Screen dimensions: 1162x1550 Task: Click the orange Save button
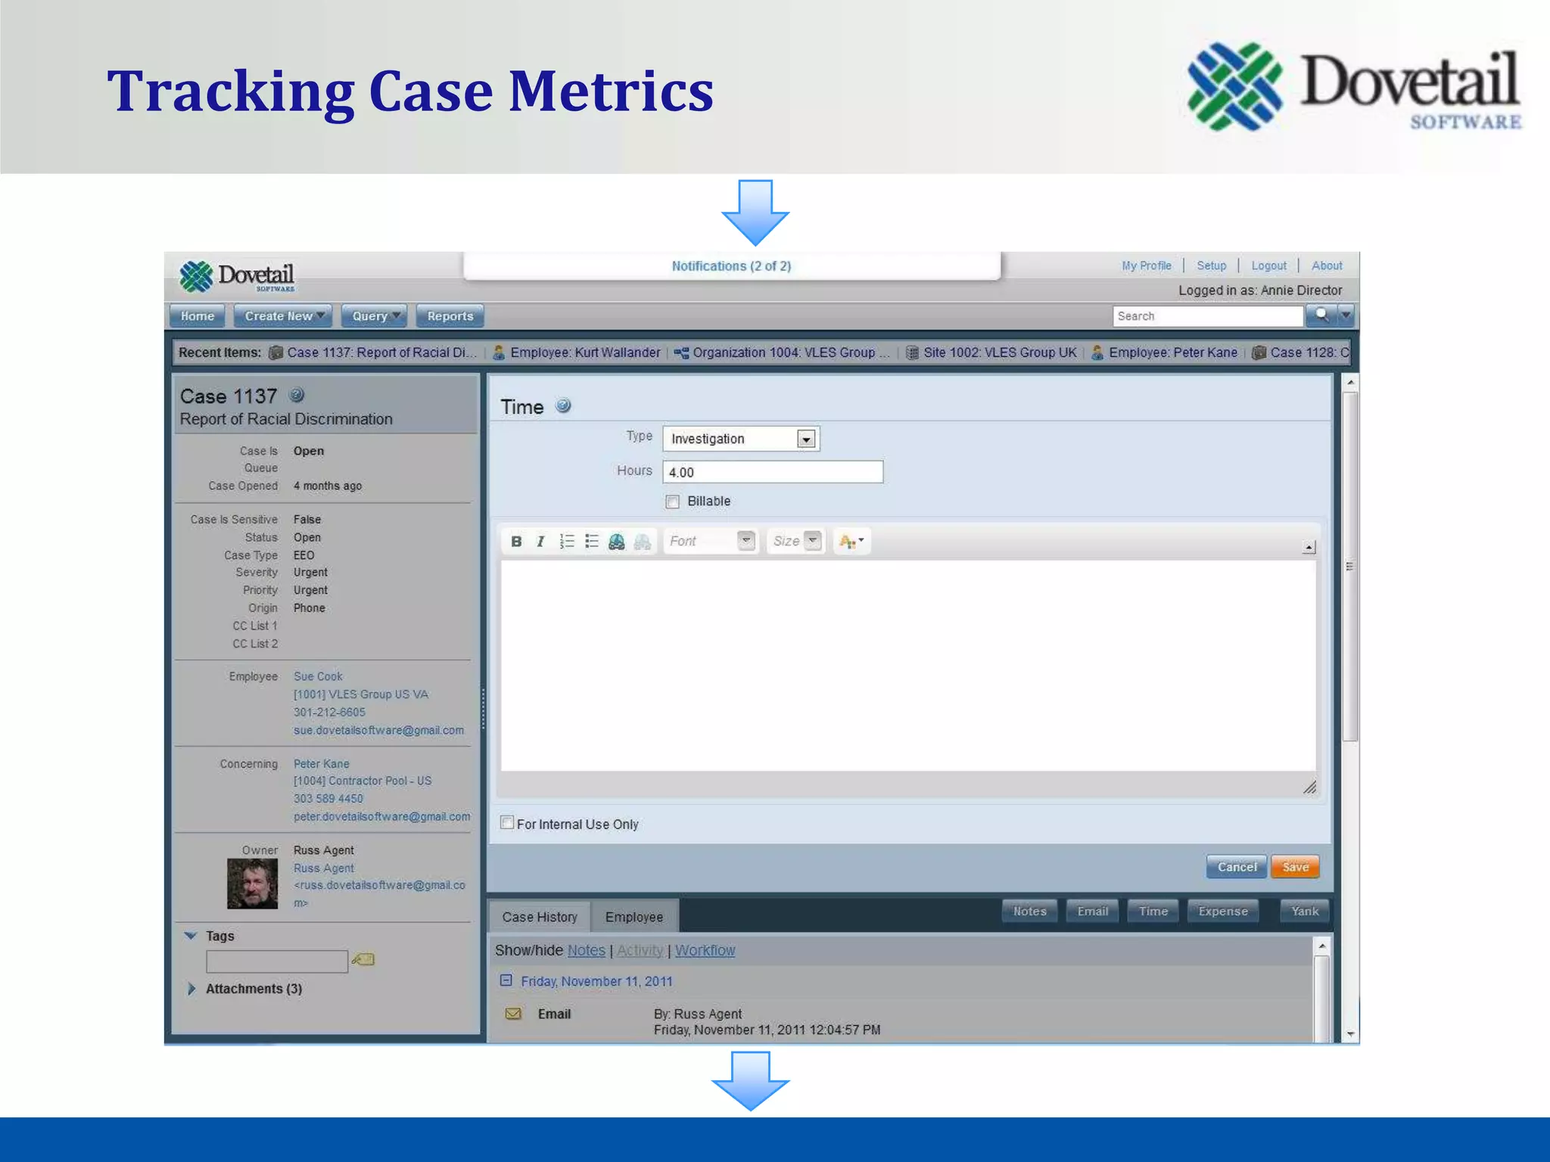tap(1295, 867)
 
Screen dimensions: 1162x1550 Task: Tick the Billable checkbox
tap(672, 502)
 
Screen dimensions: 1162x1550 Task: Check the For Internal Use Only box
tap(507, 823)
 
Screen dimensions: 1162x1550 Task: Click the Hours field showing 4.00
tap(772, 472)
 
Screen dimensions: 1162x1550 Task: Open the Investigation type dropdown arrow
tap(806, 439)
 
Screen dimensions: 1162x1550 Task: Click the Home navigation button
tap(197, 316)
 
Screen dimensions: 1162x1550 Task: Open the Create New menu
tap(283, 316)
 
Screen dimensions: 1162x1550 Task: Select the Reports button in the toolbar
tap(450, 316)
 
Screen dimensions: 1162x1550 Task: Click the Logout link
tap(1268, 266)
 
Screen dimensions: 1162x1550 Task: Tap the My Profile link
tap(1146, 266)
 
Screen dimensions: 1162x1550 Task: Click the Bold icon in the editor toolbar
tap(516, 541)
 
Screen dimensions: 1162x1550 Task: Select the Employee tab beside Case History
tap(633, 917)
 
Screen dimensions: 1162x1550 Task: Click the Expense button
tap(1222, 912)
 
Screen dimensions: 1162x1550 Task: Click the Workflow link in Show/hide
tap(705, 950)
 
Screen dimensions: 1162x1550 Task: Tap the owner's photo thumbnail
tap(252, 884)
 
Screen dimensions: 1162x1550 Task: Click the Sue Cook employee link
tap(318, 676)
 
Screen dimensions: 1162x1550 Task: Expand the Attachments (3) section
tap(191, 989)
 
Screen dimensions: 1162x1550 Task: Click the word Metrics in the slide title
tap(610, 91)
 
